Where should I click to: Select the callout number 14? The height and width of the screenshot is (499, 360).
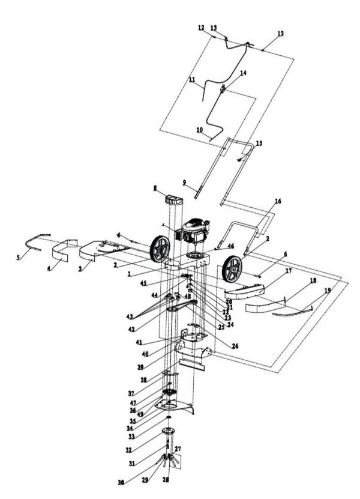click(226, 73)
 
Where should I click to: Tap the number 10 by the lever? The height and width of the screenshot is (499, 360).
click(199, 130)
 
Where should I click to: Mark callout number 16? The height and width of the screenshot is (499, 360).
click(278, 201)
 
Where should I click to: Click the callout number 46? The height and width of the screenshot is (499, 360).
click(232, 246)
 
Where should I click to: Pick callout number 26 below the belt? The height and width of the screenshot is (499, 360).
click(218, 346)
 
